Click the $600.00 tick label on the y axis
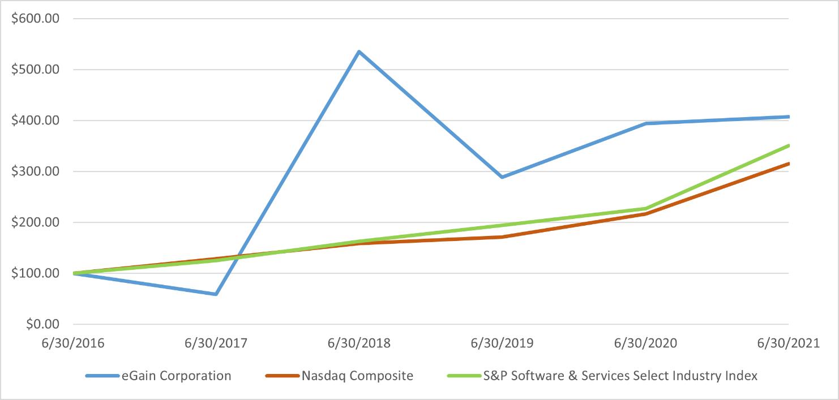pyautogui.click(x=35, y=18)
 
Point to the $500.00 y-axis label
pyautogui.click(x=35, y=70)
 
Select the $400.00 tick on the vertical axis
pyautogui.click(x=35, y=121)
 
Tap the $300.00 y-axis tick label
pyautogui.click(x=35, y=171)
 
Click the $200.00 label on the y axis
pyautogui.click(x=35, y=222)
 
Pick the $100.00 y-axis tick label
pyautogui.click(x=35, y=273)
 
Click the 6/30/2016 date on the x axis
pyautogui.click(x=73, y=343)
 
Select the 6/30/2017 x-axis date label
pyautogui.click(x=216, y=343)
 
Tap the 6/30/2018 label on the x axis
pyautogui.click(x=359, y=343)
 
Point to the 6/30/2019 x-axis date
pyautogui.click(x=502, y=343)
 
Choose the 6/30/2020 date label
pyautogui.click(x=645, y=343)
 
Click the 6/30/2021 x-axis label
pyautogui.click(x=788, y=343)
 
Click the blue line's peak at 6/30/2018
pyautogui.click(x=359, y=51)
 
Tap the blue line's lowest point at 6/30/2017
pyautogui.click(x=216, y=294)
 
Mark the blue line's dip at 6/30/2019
pyautogui.click(x=502, y=177)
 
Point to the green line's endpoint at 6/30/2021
pyautogui.click(x=788, y=145)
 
